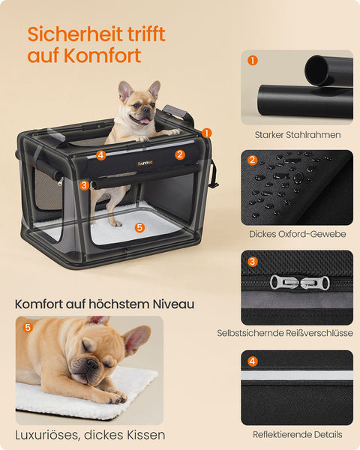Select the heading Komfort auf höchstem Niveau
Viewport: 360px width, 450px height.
click(x=104, y=304)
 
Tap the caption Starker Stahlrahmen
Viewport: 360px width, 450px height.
click(x=298, y=135)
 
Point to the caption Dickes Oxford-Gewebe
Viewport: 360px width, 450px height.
click(x=298, y=234)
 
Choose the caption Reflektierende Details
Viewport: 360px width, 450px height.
click(x=298, y=434)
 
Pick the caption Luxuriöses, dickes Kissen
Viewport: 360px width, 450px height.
click(x=90, y=434)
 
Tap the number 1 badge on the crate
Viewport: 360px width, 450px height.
click(x=207, y=133)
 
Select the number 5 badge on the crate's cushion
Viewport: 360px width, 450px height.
click(x=139, y=227)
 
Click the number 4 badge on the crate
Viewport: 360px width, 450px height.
click(x=100, y=155)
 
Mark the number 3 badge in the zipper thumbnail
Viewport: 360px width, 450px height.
click(x=253, y=262)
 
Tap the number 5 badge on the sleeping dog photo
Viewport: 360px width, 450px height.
click(x=28, y=328)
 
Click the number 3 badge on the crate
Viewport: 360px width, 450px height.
click(x=84, y=184)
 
